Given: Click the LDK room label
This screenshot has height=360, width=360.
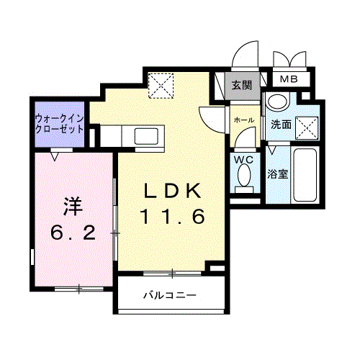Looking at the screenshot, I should tap(174, 192).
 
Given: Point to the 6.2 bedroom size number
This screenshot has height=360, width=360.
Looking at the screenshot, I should tap(71, 233).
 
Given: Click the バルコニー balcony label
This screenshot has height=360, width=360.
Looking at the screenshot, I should tap(168, 295).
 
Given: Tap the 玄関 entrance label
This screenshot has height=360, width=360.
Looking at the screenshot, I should tap(241, 85).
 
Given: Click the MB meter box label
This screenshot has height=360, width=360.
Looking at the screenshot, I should tap(289, 78).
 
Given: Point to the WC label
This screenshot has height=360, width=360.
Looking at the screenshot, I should tap(242, 159).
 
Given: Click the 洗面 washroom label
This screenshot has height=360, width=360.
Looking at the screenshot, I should tap(281, 125).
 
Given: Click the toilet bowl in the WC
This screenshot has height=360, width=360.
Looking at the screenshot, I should tap(243, 176).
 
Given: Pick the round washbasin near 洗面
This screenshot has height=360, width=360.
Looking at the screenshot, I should tap(274, 103).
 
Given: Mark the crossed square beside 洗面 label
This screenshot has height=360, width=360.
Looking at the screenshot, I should tap(309, 127).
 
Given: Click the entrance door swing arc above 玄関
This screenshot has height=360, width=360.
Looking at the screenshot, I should tap(245, 54).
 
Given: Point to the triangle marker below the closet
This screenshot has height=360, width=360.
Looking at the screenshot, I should tap(56, 153).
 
